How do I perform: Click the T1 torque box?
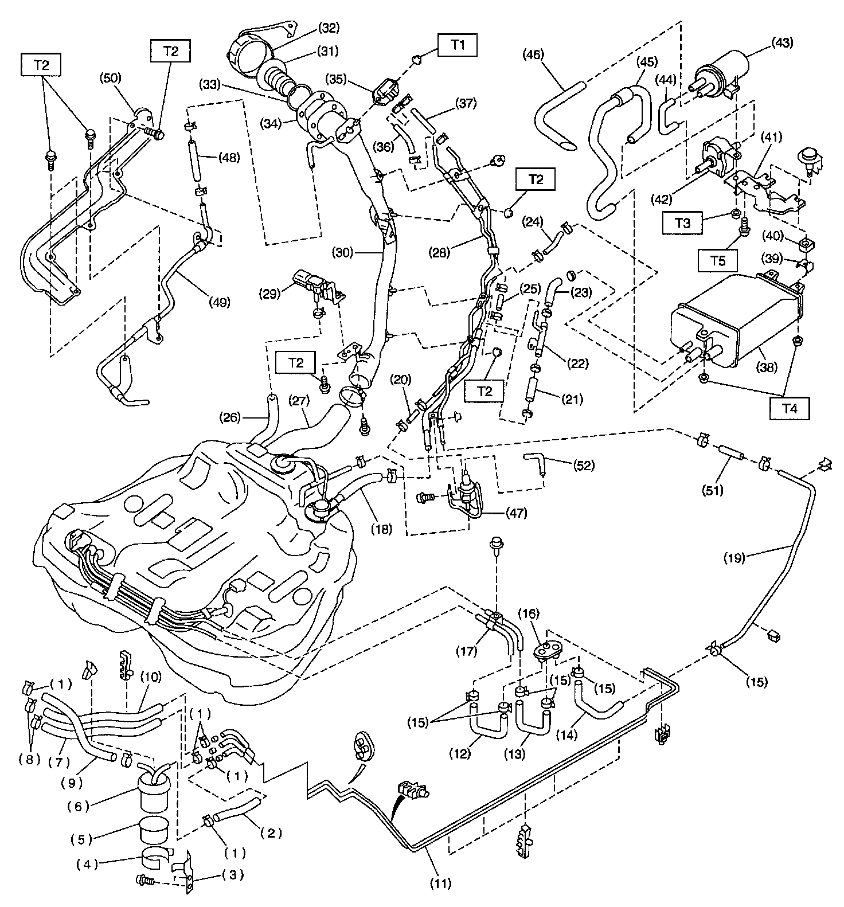pyautogui.click(x=458, y=44)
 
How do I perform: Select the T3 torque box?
pyautogui.click(x=682, y=224)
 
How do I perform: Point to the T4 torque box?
pyautogui.click(x=790, y=409)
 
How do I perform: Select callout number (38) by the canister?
pyautogui.click(x=767, y=366)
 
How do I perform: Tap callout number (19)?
pyautogui.click(x=734, y=557)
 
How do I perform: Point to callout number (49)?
pyautogui.click(x=219, y=301)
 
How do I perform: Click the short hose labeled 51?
pyautogui.click(x=732, y=452)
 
